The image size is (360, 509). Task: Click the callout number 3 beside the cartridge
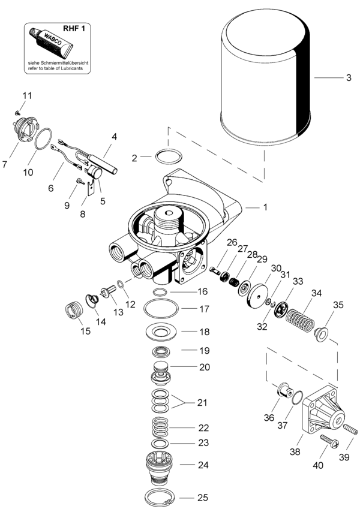click(349, 77)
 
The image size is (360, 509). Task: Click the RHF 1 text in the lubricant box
click(80, 28)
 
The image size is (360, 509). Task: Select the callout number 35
click(338, 305)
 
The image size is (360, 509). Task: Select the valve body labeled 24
click(160, 466)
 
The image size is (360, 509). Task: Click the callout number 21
click(202, 402)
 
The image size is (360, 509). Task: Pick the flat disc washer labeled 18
click(160, 330)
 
